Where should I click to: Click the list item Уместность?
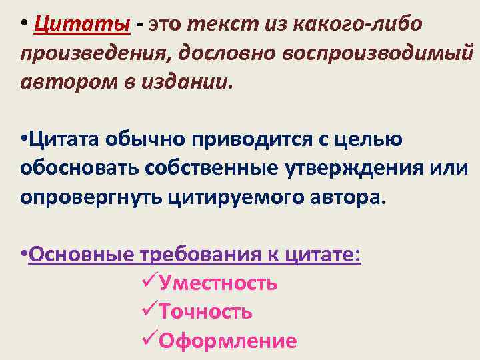tap(218, 284)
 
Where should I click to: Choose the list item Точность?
tap(205, 312)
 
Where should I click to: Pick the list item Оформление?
tap(227, 341)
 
